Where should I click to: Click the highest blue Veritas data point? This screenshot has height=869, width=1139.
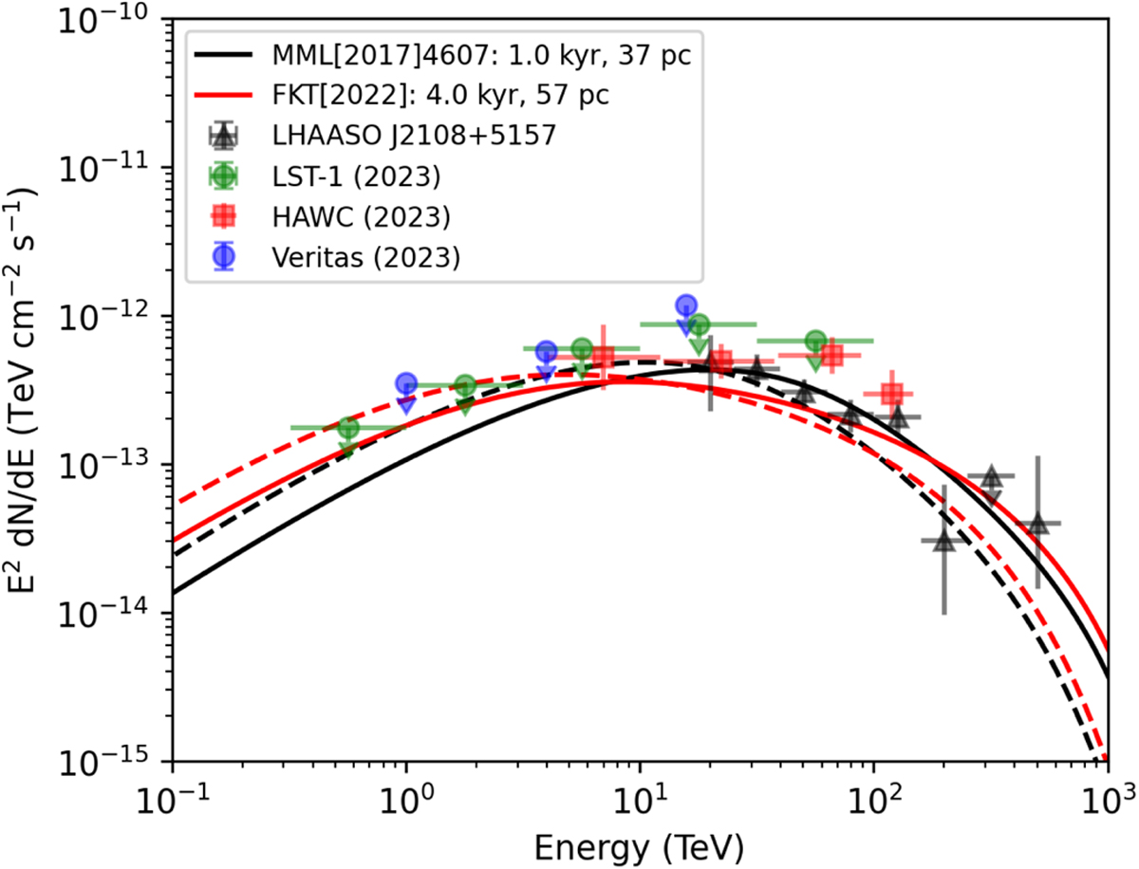tap(687, 305)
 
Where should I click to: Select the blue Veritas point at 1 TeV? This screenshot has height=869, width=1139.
tap(406, 383)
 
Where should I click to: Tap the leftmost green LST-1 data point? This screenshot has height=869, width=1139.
tap(348, 428)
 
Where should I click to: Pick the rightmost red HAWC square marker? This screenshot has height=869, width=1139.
tap(891, 393)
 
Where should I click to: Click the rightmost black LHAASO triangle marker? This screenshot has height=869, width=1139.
tap(1038, 524)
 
